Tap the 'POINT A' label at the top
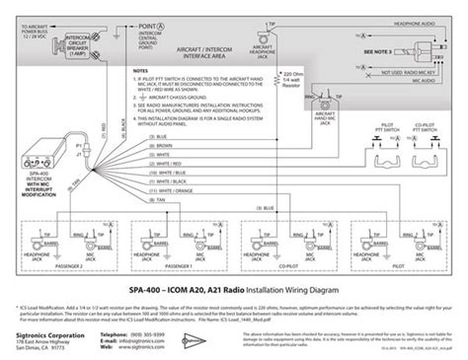pos(147,22)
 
